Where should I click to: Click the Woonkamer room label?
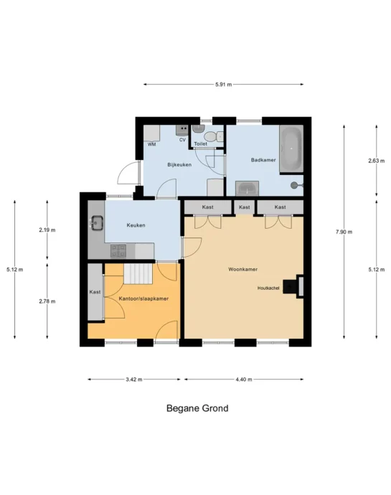pos(242,269)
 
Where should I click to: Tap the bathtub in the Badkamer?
pos(291,148)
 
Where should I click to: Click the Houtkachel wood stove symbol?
pos(290,287)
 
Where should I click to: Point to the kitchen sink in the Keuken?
pos(97,222)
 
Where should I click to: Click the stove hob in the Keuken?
pos(118,251)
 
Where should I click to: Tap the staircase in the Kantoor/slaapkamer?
pos(138,274)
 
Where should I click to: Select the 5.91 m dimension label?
pos(223,85)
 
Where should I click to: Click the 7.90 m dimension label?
pos(344,232)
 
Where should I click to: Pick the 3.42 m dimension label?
pos(134,379)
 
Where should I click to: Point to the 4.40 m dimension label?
pos(244,379)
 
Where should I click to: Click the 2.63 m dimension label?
pos(377,161)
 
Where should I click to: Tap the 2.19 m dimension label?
pos(47,230)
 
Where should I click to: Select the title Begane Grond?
pos(197,408)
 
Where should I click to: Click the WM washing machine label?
pos(151,145)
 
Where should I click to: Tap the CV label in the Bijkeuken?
pos(182,140)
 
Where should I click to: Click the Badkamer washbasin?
pos(248,189)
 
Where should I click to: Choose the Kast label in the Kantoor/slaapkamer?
pos(95,292)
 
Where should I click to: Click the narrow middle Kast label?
pos(245,207)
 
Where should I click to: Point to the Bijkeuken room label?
pos(179,165)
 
